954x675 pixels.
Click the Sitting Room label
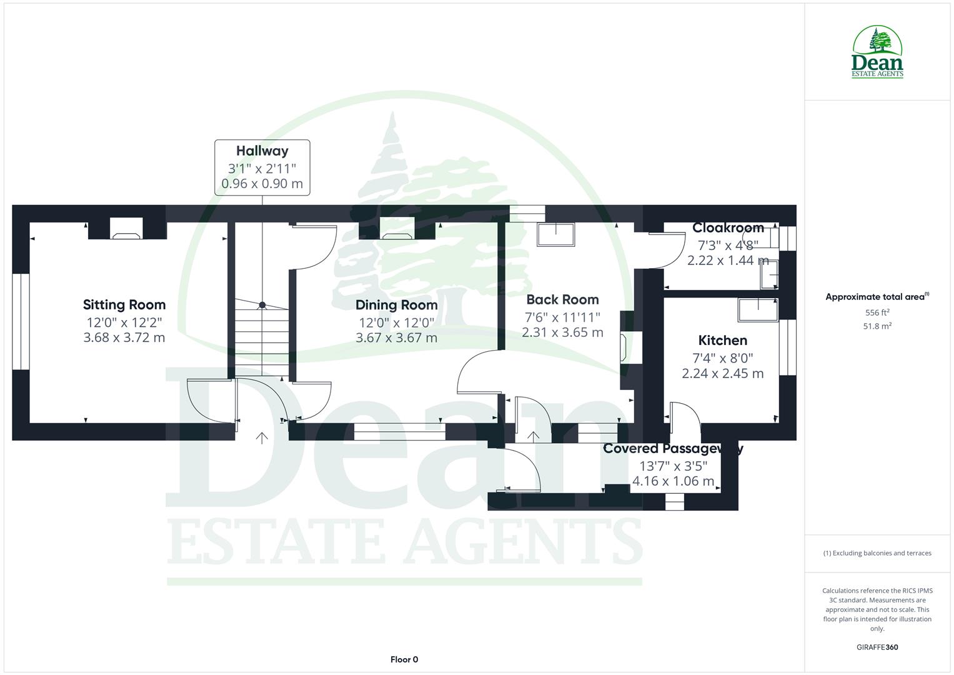pyautogui.click(x=124, y=305)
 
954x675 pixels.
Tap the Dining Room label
pyautogui.click(x=396, y=305)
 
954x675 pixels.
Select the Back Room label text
pyautogui.click(x=562, y=300)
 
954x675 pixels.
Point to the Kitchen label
pyautogui.click(x=722, y=341)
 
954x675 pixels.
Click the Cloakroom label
pyautogui.click(x=728, y=227)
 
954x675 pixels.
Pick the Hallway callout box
pyautogui.click(x=262, y=167)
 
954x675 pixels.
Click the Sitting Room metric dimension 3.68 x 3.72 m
pyautogui.click(x=124, y=337)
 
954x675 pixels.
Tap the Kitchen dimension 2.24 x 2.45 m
pyautogui.click(x=722, y=374)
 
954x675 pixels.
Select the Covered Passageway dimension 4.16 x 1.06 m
pyautogui.click(x=673, y=481)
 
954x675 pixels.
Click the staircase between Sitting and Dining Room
pyautogui.click(x=262, y=337)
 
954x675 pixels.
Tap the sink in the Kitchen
pyautogui.click(x=758, y=309)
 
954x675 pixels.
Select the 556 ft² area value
pyautogui.click(x=877, y=312)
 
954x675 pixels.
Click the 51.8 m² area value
pyautogui.click(x=877, y=326)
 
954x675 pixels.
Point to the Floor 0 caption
pyautogui.click(x=404, y=659)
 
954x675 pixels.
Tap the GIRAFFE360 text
pyautogui.click(x=877, y=647)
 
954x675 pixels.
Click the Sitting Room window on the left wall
pyautogui.click(x=21, y=321)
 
